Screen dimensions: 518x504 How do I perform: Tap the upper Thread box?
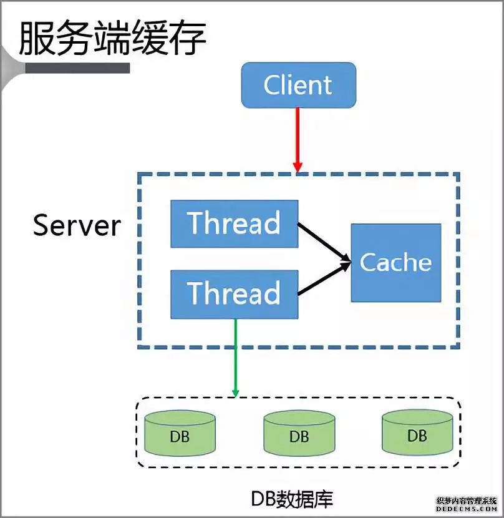[x=234, y=223]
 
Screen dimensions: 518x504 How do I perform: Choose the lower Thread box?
[x=234, y=293]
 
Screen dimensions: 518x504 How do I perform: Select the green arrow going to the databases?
[x=235, y=356]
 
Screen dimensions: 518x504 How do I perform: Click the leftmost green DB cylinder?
[x=180, y=434]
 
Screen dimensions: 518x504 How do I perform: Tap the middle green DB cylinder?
[x=299, y=434]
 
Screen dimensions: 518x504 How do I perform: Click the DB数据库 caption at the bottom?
[x=292, y=497]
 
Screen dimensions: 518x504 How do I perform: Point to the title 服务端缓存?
[x=112, y=39]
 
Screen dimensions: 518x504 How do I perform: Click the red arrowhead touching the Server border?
[x=298, y=167]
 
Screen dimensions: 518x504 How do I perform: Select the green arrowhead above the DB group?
[x=235, y=391]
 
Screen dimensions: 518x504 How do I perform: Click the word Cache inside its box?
[x=395, y=263]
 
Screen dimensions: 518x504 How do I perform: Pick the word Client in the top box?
[x=298, y=85]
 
